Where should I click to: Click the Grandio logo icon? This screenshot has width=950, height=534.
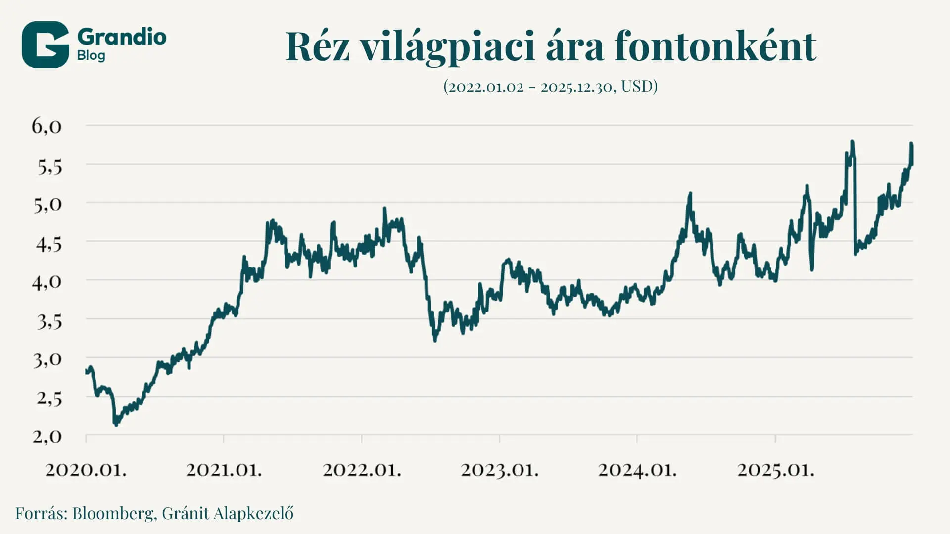click(x=45, y=44)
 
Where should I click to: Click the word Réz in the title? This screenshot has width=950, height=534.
click(x=318, y=46)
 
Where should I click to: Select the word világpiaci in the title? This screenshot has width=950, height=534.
click(x=448, y=47)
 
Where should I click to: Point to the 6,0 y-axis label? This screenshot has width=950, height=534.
click(x=47, y=126)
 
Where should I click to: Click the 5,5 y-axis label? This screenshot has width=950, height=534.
click(x=49, y=167)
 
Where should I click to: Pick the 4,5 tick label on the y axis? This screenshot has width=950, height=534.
click(x=48, y=244)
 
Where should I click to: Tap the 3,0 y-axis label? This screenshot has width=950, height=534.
click(x=47, y=360)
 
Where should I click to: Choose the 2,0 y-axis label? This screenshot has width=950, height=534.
click(x=47, y=437)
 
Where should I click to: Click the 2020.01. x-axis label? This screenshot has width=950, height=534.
click(x=86, y=469)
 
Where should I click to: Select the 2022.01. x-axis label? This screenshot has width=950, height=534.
click(x=362, y=469)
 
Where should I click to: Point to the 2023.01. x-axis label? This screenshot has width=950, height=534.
click(x=500, y=469)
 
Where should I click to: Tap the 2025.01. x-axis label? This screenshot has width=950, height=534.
click(x=775, y=469)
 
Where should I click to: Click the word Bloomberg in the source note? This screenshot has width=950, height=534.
click(x=113, y=513)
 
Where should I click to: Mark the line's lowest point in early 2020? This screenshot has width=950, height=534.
click(x=116, y=424)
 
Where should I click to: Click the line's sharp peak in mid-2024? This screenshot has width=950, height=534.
click(x=690, y=194)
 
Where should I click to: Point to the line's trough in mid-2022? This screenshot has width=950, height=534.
click(x=435, y=340)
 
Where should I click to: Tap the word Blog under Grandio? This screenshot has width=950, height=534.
click(x=91, y=55)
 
